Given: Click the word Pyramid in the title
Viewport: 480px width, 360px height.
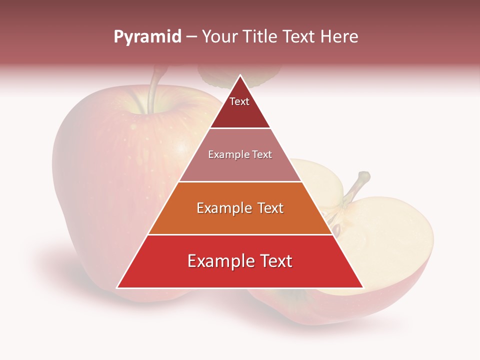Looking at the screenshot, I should [147, 37].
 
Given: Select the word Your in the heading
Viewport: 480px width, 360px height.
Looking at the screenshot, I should [220, 36].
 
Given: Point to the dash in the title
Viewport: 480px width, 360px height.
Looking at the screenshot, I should [191, 37].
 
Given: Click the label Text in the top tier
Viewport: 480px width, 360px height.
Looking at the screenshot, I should [239, 101].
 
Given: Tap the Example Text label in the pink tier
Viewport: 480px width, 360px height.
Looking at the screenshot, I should [240, 154].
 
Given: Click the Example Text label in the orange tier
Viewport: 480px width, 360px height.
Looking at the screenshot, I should [240, 208].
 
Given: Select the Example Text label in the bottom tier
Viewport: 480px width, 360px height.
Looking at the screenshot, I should [240, 261].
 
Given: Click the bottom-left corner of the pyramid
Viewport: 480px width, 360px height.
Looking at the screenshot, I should [117, 287].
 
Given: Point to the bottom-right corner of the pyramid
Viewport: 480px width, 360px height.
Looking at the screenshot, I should [363, 287].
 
